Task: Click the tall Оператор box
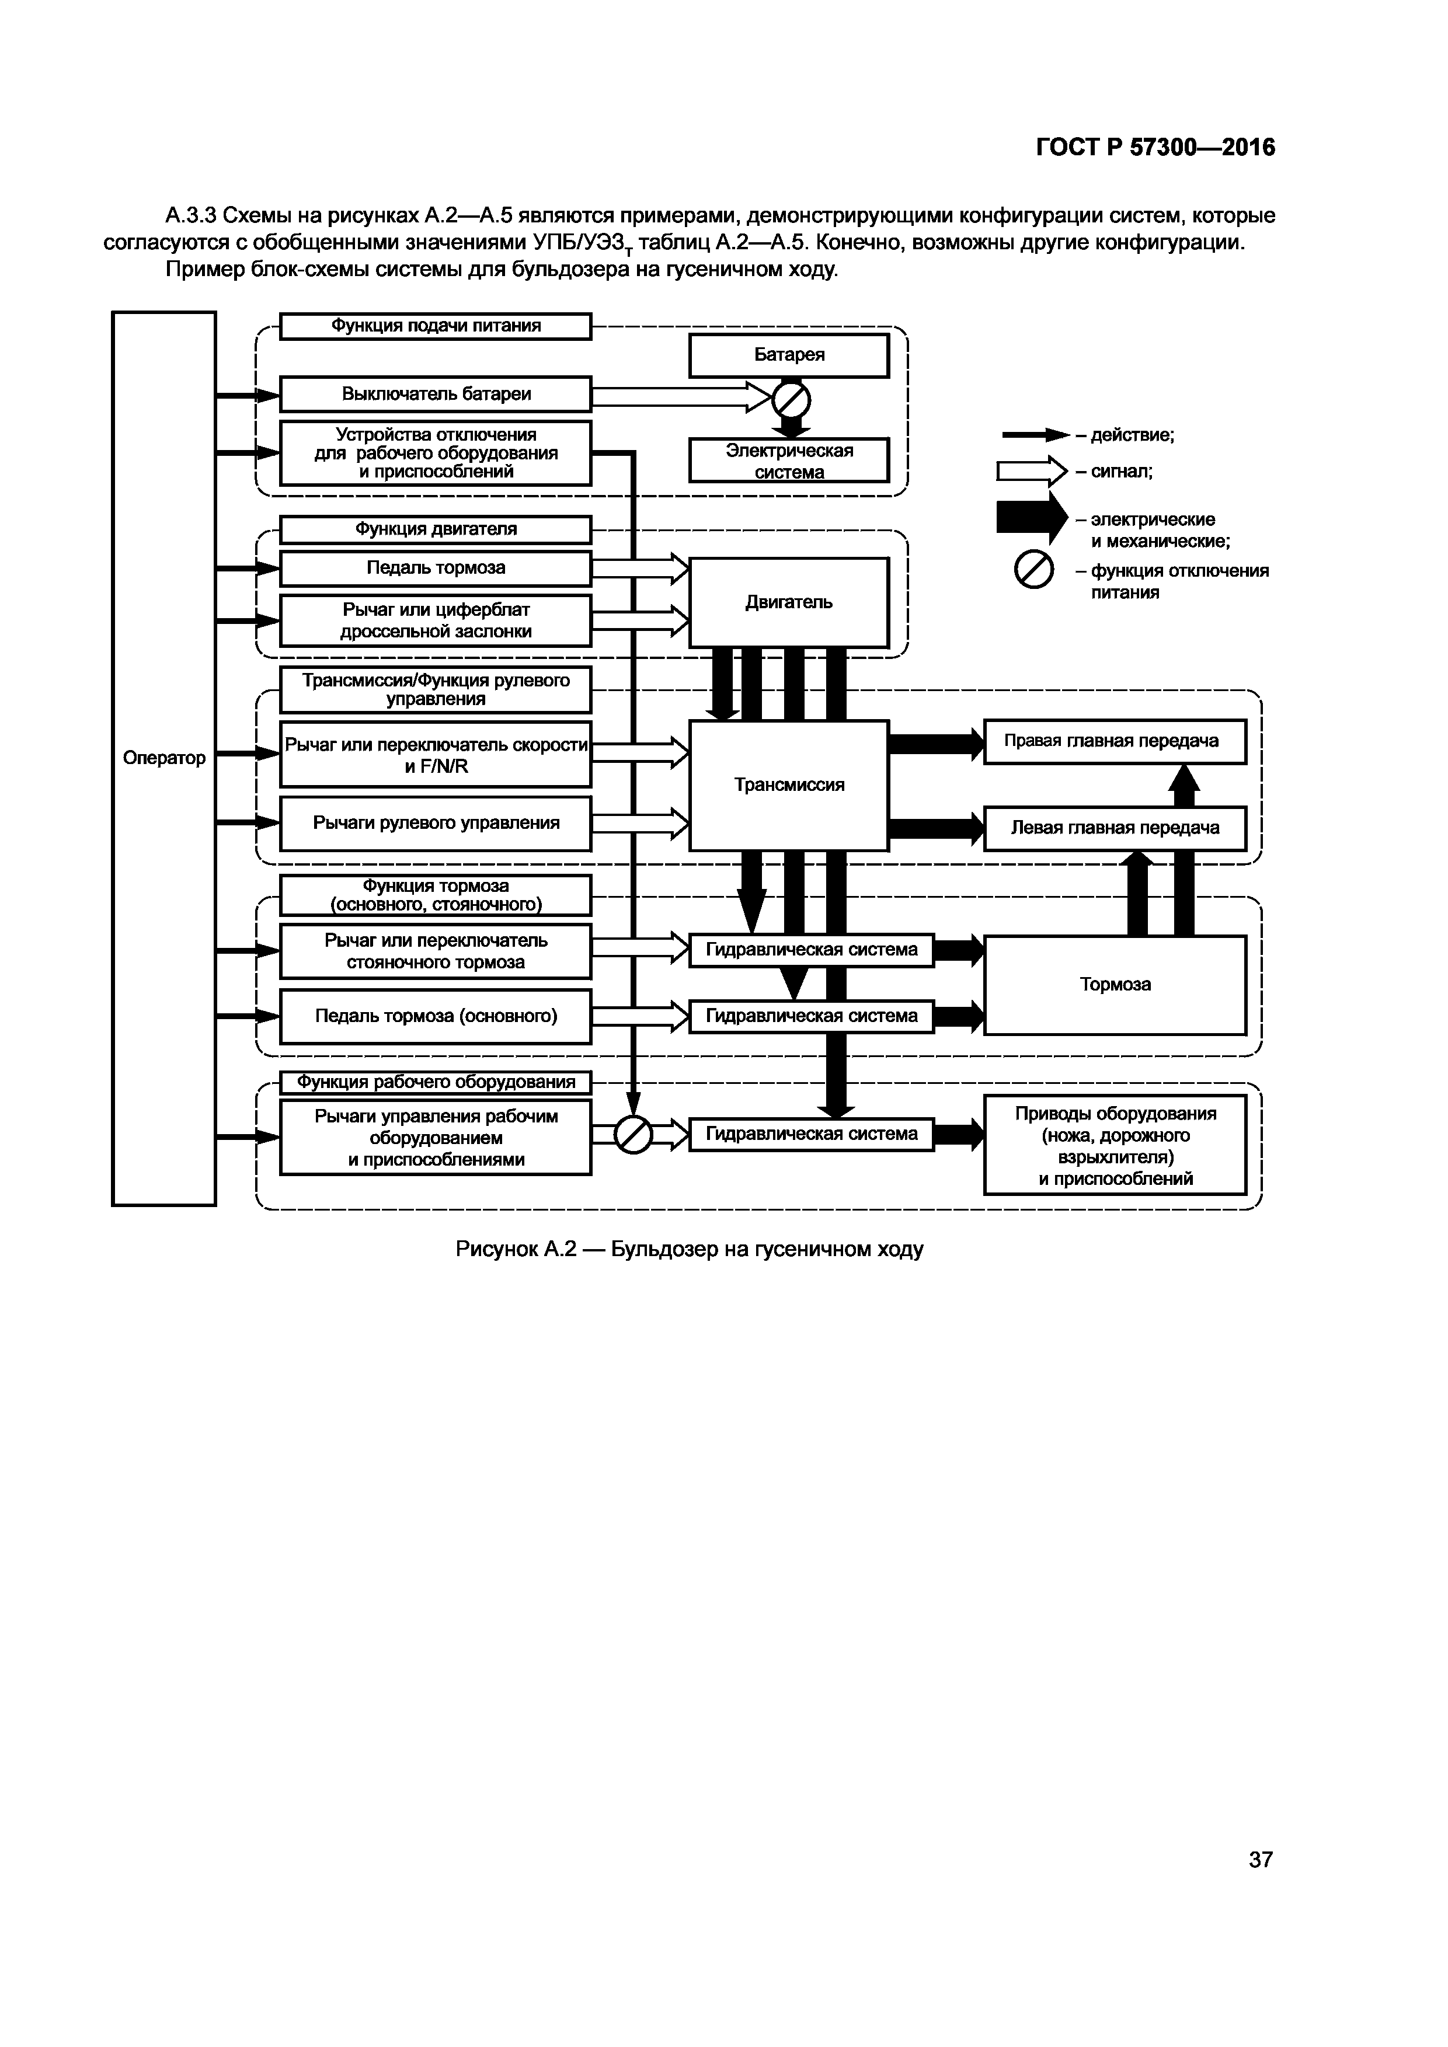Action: click(164, 758)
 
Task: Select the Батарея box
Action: click(789, 355)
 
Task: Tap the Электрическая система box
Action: click(789, 460)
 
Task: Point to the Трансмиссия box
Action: click(789, 784)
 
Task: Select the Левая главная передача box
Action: click(1115, 828)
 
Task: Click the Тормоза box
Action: click(1115, 984)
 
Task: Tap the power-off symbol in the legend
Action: click(1034, 571)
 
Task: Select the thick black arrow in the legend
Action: click(1032, 518)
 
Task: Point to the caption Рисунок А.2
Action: click(689, 1249)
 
